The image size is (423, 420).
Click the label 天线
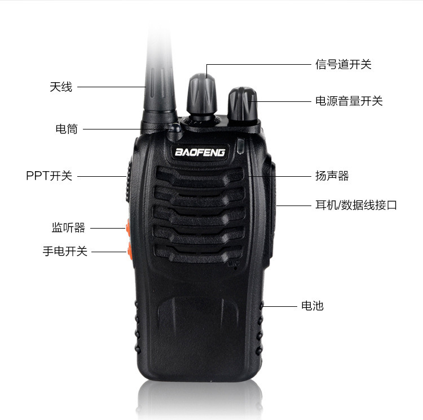(x=61, y=87)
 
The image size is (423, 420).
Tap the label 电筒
(x=67, y=129)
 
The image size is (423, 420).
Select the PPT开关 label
(x=49, y=176)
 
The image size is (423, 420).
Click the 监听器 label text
(x=68, y=227)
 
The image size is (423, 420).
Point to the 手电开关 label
(x=65, y=251)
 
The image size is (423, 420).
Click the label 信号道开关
(x=343, y=64)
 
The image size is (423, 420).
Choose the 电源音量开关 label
(x=349, y=101)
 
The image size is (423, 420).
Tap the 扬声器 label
(x=332, y=176)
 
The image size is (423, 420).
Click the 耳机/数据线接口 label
(x=356, y=205)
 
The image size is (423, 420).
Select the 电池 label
(x=312, y=306)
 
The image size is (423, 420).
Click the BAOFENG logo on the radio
(x=200, y=153)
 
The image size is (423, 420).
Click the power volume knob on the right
(x=243, y=105)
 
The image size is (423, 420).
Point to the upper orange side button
(x=127, y=227)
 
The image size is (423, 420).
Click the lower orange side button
(x=129, y=251)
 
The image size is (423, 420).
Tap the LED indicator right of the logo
(x=240, y=146)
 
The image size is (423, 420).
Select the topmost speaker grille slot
(x=200, y=177)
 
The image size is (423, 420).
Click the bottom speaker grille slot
(x=199, y=253)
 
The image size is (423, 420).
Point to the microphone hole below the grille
(x=236, y=268)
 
